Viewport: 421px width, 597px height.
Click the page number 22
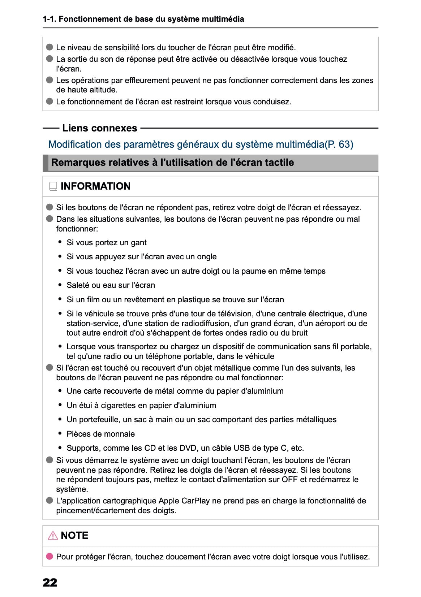coord(50,582)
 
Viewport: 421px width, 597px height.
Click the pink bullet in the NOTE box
coord(50,556)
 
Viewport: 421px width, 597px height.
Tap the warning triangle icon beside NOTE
coord(53,535)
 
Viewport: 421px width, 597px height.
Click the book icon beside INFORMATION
coord(53,186)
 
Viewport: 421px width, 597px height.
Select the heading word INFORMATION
coord(95,186)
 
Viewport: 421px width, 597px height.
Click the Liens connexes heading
coord(99,128)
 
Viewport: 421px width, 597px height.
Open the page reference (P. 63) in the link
coord(339,144)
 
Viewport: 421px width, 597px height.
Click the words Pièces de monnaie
coord(100,434)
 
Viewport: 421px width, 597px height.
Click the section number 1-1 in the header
coord(49,19)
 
